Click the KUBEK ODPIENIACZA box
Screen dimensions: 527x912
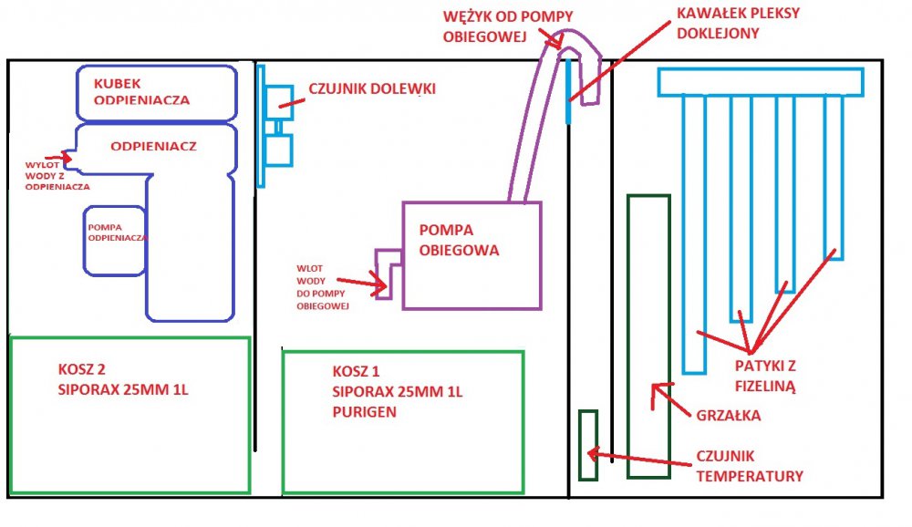pos(157,93)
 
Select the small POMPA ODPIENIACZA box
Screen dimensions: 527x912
pos(114,240)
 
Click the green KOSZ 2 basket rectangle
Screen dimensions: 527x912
pos(130,415)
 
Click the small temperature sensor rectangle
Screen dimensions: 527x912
pos(588,445)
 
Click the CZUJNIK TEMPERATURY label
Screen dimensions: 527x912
pos(747,465)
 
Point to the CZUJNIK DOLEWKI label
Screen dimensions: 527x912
pos(372,88)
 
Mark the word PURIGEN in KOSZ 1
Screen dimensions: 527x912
pos(364,411)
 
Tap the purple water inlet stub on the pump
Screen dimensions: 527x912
pos(387,273)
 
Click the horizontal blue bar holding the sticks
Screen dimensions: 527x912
pos(761,83)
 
